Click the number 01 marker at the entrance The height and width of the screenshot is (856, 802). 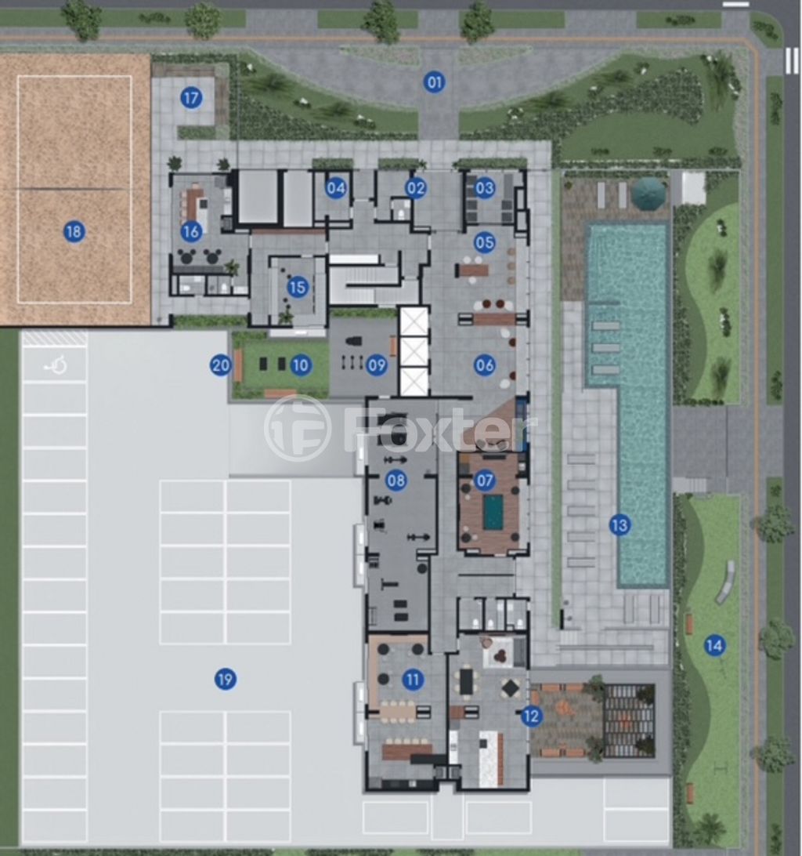coord(434,82)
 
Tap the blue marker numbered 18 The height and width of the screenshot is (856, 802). coord(74,231)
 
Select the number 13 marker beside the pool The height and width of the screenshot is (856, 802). coord(620,525)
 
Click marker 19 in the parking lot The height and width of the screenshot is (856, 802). coord(225,680)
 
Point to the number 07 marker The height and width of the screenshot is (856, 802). coord(485,481)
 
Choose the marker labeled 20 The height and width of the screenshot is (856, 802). coord(220,365)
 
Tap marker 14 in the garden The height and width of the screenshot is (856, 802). coord(714,646)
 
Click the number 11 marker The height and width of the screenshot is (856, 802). coord(413,680)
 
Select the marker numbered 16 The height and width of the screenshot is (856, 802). coord(191,231)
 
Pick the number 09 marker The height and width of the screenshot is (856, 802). coord(377,365)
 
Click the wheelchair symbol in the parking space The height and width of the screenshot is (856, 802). coord(56,365)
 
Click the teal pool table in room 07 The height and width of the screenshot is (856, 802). coord(493,513)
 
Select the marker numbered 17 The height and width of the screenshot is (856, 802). coord(191,98)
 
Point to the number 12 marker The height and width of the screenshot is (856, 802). coord(530,716)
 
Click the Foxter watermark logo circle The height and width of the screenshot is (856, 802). coord(298,428)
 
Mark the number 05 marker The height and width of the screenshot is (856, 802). coord(485,242)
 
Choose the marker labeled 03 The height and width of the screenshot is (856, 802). coord(485,188)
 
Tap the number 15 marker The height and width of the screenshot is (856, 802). coord(298,287)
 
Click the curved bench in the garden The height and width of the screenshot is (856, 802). coord(726,582)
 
